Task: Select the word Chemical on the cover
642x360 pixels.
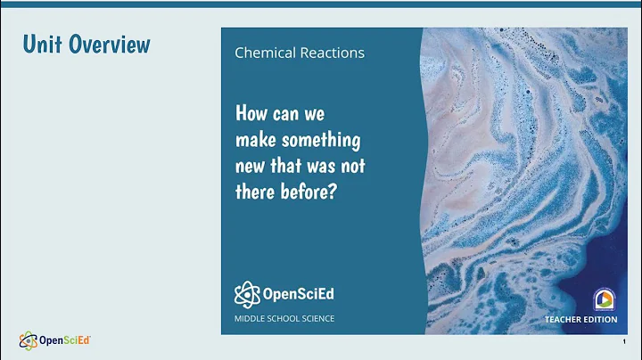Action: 265,53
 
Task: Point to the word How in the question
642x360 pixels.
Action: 252,114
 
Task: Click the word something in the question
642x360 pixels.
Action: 319,140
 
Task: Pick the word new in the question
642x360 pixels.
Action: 251,167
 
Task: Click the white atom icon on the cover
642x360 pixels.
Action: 246,293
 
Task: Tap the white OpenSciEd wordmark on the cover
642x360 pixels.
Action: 298,293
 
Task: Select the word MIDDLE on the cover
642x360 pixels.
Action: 251,318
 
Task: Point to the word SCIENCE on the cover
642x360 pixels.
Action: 312,318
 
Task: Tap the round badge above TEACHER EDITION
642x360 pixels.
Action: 604,299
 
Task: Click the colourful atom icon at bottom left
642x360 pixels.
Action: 29,340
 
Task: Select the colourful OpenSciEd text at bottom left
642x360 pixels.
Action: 65,340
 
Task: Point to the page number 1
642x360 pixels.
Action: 622,342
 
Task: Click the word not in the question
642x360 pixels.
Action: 353,167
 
